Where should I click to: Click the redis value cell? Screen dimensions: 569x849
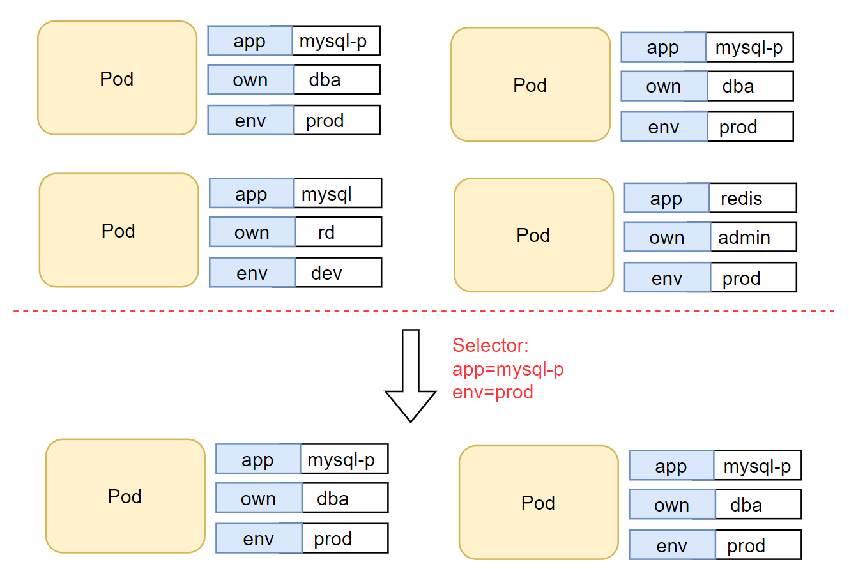point(753,198)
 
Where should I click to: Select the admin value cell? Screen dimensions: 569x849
point(753,238)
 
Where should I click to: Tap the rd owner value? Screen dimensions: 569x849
point(338,232)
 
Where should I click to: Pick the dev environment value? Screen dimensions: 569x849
point(338,273)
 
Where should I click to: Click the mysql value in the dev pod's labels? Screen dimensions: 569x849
point(337,193)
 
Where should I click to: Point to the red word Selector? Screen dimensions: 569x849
point(491,345)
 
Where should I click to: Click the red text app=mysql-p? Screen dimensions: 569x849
point(508,369)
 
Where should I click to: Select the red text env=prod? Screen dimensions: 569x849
point(493,392)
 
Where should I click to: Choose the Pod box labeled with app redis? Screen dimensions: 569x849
point(533,235)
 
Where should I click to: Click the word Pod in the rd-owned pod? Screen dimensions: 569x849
point(118,231)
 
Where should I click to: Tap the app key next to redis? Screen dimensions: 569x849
point(666,198)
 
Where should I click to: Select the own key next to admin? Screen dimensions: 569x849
point(667,238)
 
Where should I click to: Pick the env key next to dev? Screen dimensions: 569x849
point(252,273)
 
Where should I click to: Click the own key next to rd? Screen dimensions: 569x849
point(252,232)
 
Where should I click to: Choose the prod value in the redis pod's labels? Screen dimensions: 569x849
point(753,278)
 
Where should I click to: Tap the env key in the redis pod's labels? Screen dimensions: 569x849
point(667,278)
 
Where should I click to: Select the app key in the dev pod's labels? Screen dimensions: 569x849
point(251,193)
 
